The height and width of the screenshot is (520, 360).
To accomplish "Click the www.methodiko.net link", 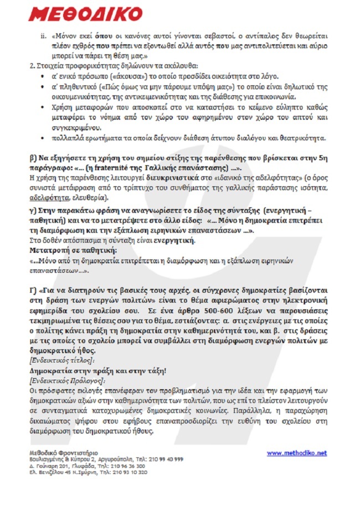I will coord(297,453).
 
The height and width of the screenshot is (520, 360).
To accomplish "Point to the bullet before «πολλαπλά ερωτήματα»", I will coord(44,138).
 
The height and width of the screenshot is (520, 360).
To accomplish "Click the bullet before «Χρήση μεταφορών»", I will coord(44,108).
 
